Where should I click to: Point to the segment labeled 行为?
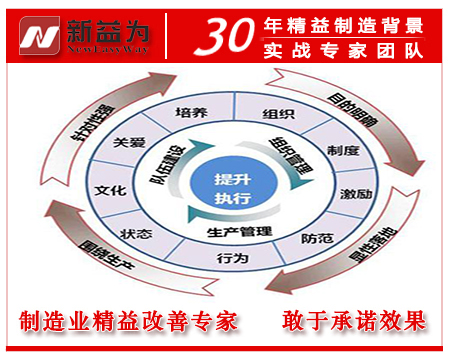click(x=227, y=259)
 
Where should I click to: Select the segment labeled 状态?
click(x=136, y=234)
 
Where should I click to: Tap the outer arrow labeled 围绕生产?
click(x=90, y=262)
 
